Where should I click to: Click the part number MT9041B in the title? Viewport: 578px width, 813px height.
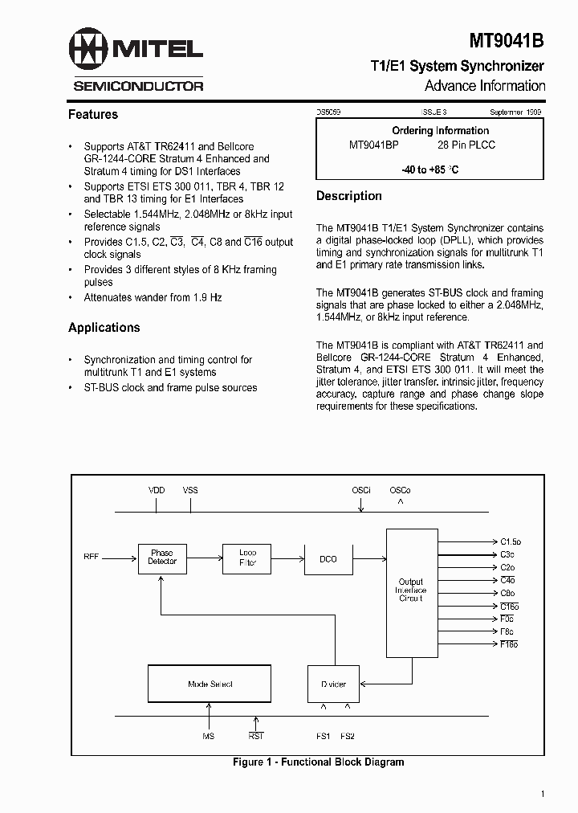click(x=506, y=40)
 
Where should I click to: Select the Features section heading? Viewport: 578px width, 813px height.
click(x=93, y=115)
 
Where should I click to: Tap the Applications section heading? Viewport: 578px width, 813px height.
click(x=104, y=328)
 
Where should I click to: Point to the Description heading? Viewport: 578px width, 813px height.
click(x=349, y=196)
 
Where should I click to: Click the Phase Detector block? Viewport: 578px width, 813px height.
click(x=161, y=557)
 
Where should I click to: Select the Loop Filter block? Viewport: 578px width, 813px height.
click(x=247, y=557)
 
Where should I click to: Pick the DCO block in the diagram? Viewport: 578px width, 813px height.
click(x=328, y=558)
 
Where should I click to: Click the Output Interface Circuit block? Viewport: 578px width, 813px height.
click(x=411, y=590)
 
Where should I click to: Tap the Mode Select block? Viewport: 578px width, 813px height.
click(x=210, y=684)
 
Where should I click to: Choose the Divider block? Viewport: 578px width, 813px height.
click(x=334, y=684)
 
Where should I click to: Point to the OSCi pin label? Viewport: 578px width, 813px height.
click(x=361, y=490)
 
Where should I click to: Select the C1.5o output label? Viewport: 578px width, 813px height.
click(x=511, y=542)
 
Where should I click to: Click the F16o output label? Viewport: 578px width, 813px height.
click(x=509, y=644)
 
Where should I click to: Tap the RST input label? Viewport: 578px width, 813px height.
click(x=256, y=735)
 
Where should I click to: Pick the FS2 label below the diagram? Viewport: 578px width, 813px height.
click(x=348, y=735)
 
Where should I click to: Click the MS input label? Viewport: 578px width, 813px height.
click(x=208, y=735)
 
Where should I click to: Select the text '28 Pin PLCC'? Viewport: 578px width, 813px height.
click(x=466, y=145)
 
